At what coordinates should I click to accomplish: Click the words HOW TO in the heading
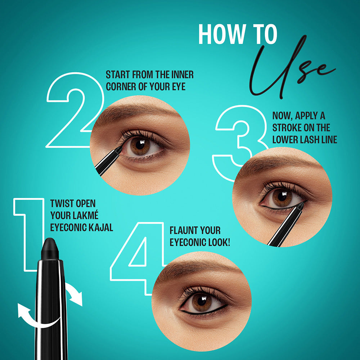[x=238, y=35]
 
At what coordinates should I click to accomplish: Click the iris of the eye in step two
[x=141, y=146]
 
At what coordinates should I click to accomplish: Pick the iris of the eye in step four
[x=202, y=302]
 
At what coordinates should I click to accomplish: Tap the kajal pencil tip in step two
[x=118, y=148]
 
